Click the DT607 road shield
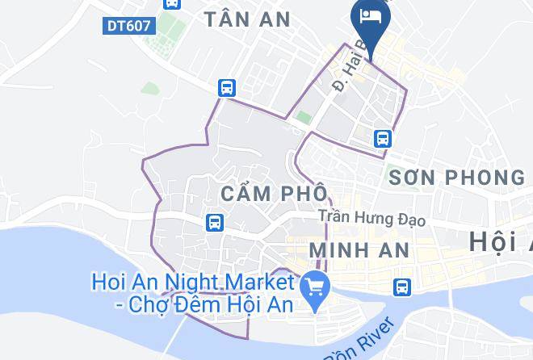(x=128, y=26)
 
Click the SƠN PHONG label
(x=455, y=177)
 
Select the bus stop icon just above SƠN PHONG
(x=383, y=138)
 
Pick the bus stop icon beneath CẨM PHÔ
(x=214, y=221)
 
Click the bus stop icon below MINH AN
(x=401, y=287)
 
